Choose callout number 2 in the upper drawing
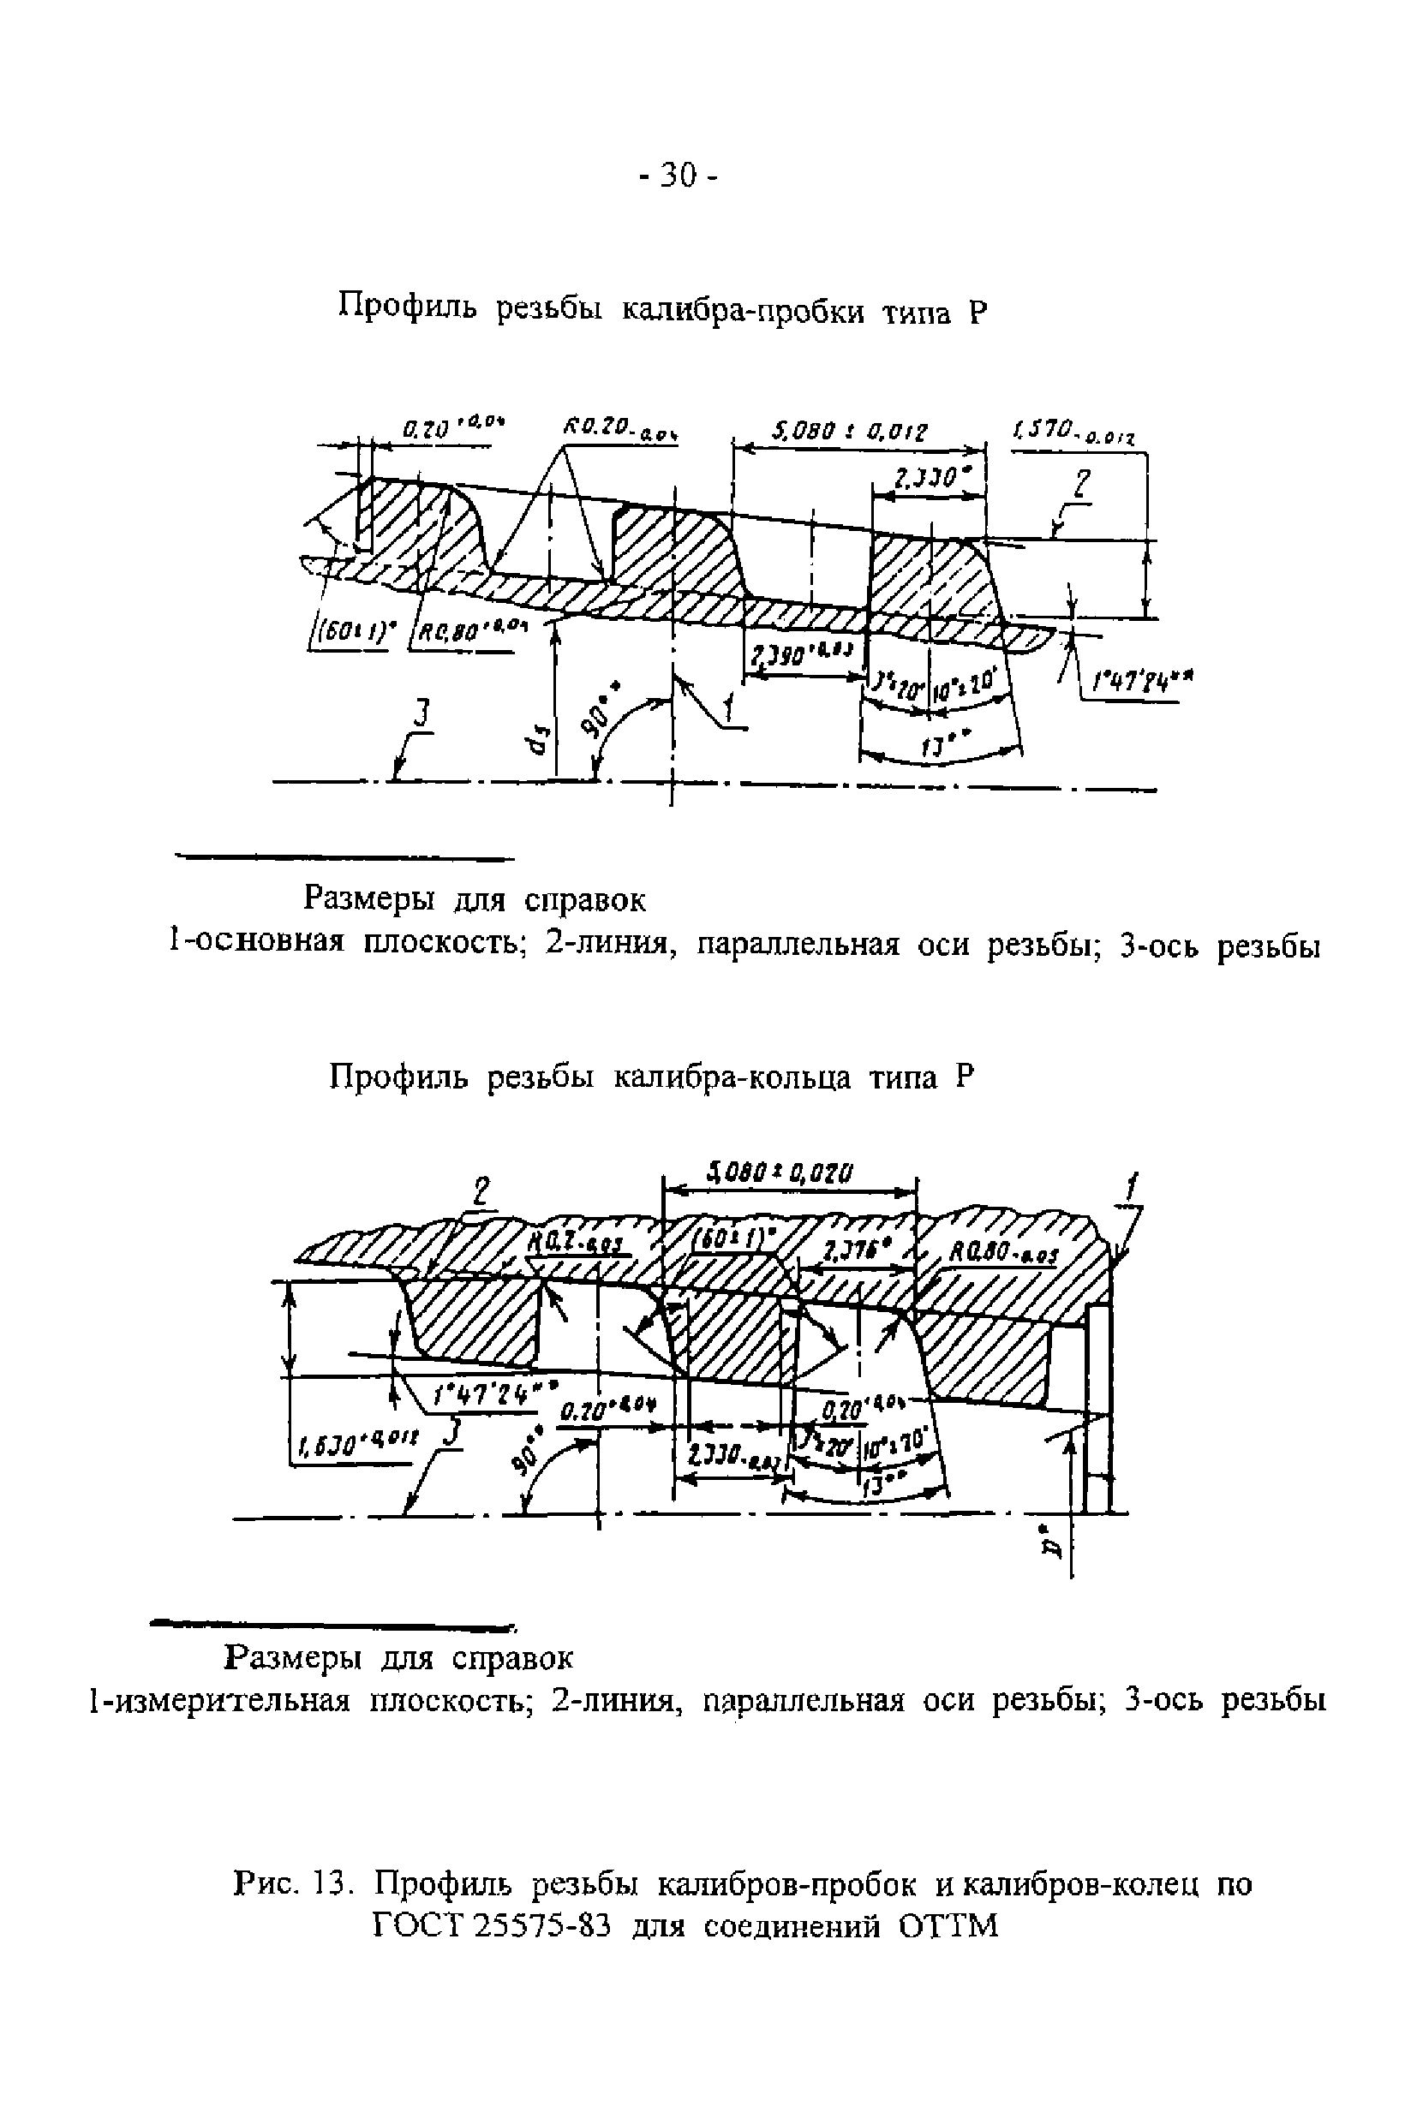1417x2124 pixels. (1082, 487)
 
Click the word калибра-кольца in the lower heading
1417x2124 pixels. (732, 1077)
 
